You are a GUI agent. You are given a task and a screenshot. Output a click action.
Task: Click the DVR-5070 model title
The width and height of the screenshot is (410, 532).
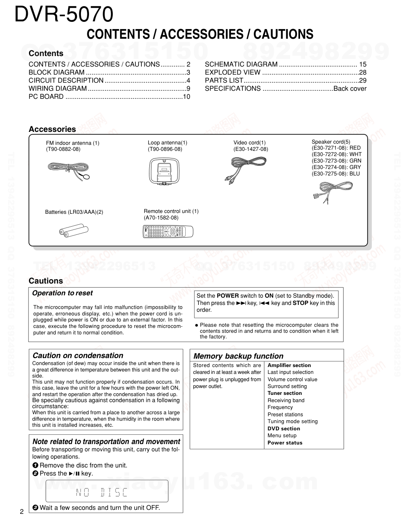click(x=64, y=15)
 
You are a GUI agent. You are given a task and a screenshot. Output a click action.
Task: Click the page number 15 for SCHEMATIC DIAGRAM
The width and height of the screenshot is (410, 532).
click(x=362, y=65)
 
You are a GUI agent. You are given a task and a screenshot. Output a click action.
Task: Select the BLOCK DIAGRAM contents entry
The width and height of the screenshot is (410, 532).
click(x=56, y=73)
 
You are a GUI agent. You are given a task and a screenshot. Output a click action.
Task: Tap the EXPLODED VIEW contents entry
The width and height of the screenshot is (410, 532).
click(x=233, y=73)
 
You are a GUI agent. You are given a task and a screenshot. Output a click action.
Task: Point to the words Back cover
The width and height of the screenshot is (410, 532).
click(x=350, y=89)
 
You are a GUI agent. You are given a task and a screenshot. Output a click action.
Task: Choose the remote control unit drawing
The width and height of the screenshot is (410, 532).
click(x=168, y=232)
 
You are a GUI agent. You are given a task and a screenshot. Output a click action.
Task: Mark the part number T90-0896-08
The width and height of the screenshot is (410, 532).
click(x=165, y=149)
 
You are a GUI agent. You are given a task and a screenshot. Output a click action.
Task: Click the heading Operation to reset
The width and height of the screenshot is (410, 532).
click(x=62, y=293)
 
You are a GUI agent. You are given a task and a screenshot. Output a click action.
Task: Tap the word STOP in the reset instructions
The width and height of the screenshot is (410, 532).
click(x=300, y=303)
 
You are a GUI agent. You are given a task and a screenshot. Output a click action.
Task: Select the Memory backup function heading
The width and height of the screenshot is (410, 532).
click(x=238, y=356)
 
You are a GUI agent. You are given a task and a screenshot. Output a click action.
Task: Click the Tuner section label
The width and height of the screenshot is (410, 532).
click(x=285, y=393)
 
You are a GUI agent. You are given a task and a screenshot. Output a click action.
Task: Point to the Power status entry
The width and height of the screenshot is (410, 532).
click(x=285, y=443)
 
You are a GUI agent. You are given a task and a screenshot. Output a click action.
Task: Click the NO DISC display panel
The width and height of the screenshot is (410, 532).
click(x=107, y=492)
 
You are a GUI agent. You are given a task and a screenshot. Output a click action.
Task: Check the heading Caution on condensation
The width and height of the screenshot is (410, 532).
click(x=78, y=356)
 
